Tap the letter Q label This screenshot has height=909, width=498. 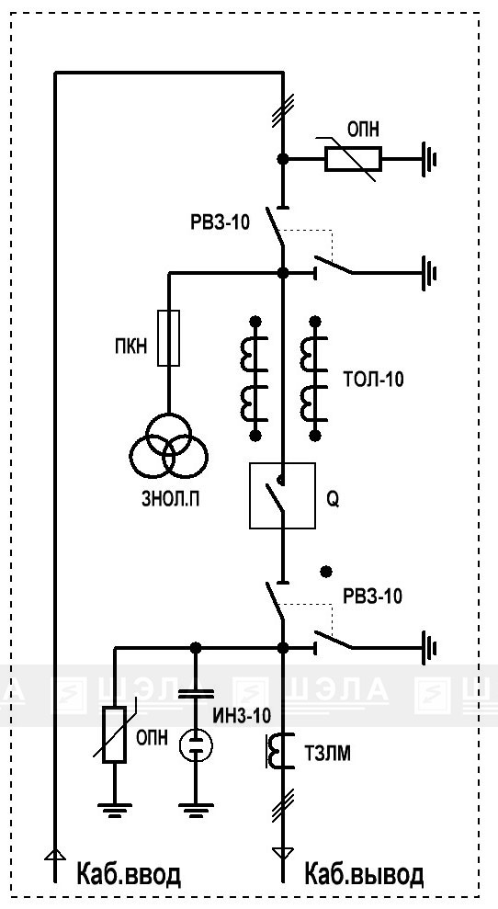click(x=333, y=501)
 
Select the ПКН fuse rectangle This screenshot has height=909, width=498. click(x=169, y=338)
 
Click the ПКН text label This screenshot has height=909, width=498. click(x=131, y=347)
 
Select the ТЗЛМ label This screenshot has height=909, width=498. click(x=327, y=755)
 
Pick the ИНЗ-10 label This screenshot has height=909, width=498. click(x=242, y=717)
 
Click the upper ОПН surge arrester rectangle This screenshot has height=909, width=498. click(x=353, y=159)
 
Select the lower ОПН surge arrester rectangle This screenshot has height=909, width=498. click(x=114, y=734)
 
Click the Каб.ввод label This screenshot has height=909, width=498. click(x=130, y=875)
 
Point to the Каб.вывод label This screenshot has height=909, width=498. click(x=364, y=875)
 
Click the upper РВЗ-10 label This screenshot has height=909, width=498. click(x=221, y=222)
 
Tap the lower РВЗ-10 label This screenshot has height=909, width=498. click(x=372, y=597)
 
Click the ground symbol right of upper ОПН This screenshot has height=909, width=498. click(x=428, y=159)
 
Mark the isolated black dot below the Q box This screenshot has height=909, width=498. click(x=327, y=572)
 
